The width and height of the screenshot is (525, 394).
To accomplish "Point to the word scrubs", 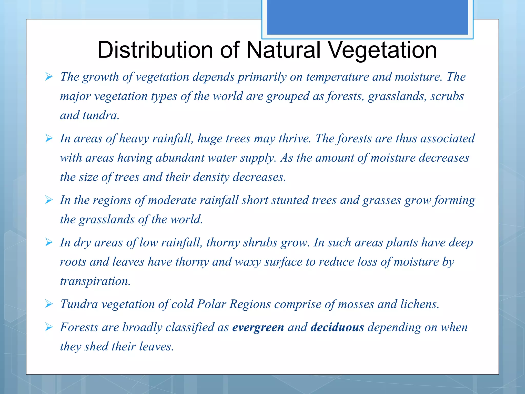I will coord(447,96).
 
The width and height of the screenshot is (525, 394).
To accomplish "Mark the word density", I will coord(211,177).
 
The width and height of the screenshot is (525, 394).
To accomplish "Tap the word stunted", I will coord(290,200).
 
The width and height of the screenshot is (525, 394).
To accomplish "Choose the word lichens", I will coord(420,304).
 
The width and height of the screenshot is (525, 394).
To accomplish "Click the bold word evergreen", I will coord(258,328).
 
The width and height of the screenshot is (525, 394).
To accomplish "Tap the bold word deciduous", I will coord(337,328).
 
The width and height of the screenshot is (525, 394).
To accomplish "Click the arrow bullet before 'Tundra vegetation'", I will coord(49,304).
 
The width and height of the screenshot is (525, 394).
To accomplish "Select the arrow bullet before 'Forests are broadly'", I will coord(49,327).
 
